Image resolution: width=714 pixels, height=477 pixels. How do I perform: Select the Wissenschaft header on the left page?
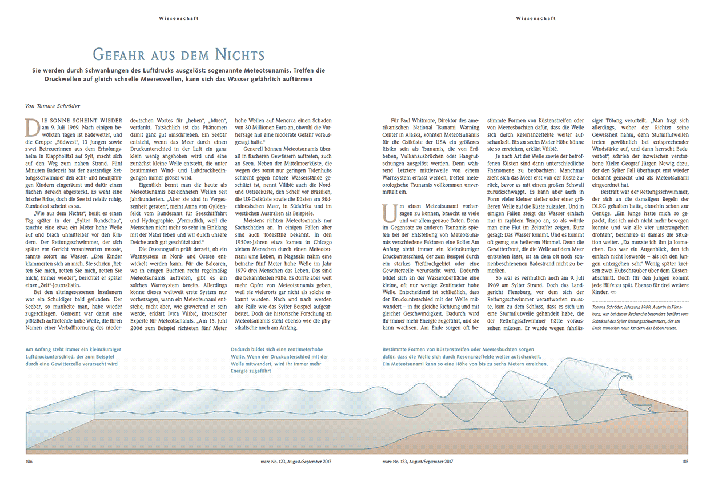pyautogui.click(x=179, y=18)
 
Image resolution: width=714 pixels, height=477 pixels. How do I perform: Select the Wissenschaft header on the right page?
pyautogui.click(x=535, y=18)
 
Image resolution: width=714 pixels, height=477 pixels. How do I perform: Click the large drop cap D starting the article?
pyautogui.click(x=31, y=125)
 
